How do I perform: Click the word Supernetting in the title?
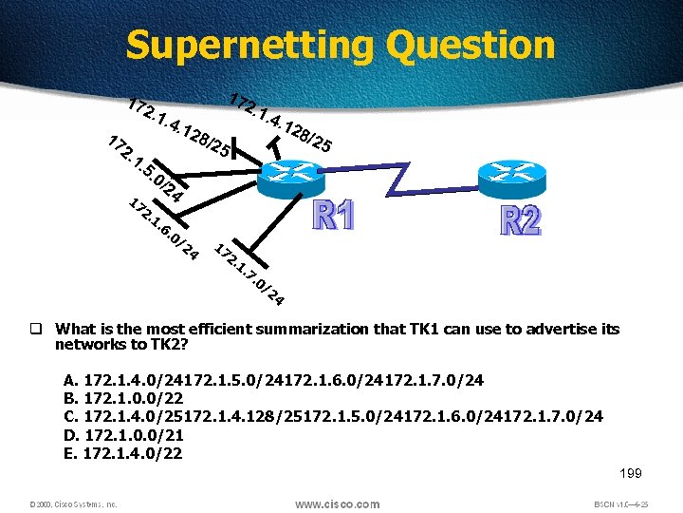[x=249, y=45]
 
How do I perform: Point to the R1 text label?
[x=334, y=218]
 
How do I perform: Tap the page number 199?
[x=631, y=472]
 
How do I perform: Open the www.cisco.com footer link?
[x=337, y=503]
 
